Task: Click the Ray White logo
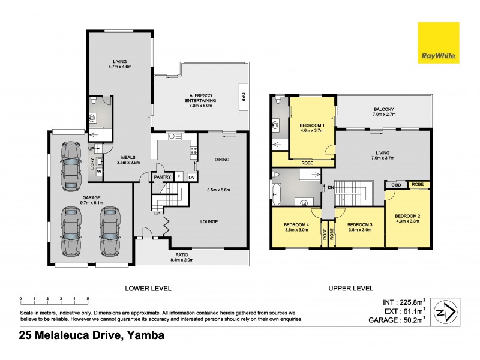click(x=438, y=43)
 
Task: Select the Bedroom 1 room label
click(x=311, y=128)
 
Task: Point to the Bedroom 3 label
click(x=359, y=227)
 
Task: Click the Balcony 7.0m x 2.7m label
click(x=384, y=112)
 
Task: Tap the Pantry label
click(x=161, y=177)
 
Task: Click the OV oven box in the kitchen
click(x=191, y=177)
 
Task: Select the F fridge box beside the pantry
click(x=178, y=177)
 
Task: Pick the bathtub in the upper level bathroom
click(x=277, y=193)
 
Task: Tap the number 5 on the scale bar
click(x=88, y=298)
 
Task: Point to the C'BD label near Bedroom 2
click(x=397, y=185)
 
